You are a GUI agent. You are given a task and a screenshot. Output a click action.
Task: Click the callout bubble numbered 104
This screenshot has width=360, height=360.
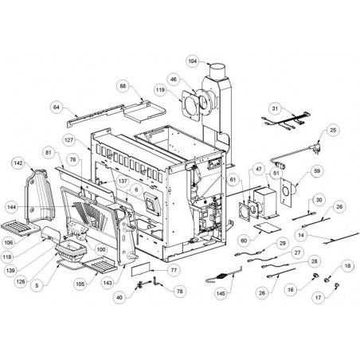193,61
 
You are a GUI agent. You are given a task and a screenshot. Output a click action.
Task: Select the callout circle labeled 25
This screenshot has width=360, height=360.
333,130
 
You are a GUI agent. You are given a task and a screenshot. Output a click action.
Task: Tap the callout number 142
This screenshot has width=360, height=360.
18,163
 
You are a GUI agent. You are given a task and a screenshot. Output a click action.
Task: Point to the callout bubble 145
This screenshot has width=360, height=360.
221,293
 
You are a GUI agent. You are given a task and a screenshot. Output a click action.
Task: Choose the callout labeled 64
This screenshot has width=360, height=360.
57,108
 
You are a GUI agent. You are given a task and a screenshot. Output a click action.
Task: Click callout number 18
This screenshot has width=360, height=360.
347,266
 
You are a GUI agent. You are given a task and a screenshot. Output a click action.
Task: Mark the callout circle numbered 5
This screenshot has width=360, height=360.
37,286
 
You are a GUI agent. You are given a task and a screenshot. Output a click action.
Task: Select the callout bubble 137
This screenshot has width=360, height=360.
123,181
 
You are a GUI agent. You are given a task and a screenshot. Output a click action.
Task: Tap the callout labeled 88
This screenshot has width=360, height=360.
123,86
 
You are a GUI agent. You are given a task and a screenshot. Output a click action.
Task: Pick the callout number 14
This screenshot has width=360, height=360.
301,235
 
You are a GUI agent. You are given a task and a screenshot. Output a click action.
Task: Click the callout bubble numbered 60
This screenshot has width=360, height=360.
244,241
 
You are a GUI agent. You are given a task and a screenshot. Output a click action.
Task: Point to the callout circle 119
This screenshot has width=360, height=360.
160,90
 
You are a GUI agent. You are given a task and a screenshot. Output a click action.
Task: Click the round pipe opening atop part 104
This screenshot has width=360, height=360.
217,65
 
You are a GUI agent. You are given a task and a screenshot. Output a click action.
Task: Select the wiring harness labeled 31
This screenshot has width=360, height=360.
287,121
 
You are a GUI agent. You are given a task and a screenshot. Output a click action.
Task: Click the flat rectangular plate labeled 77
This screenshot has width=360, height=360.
140,268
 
